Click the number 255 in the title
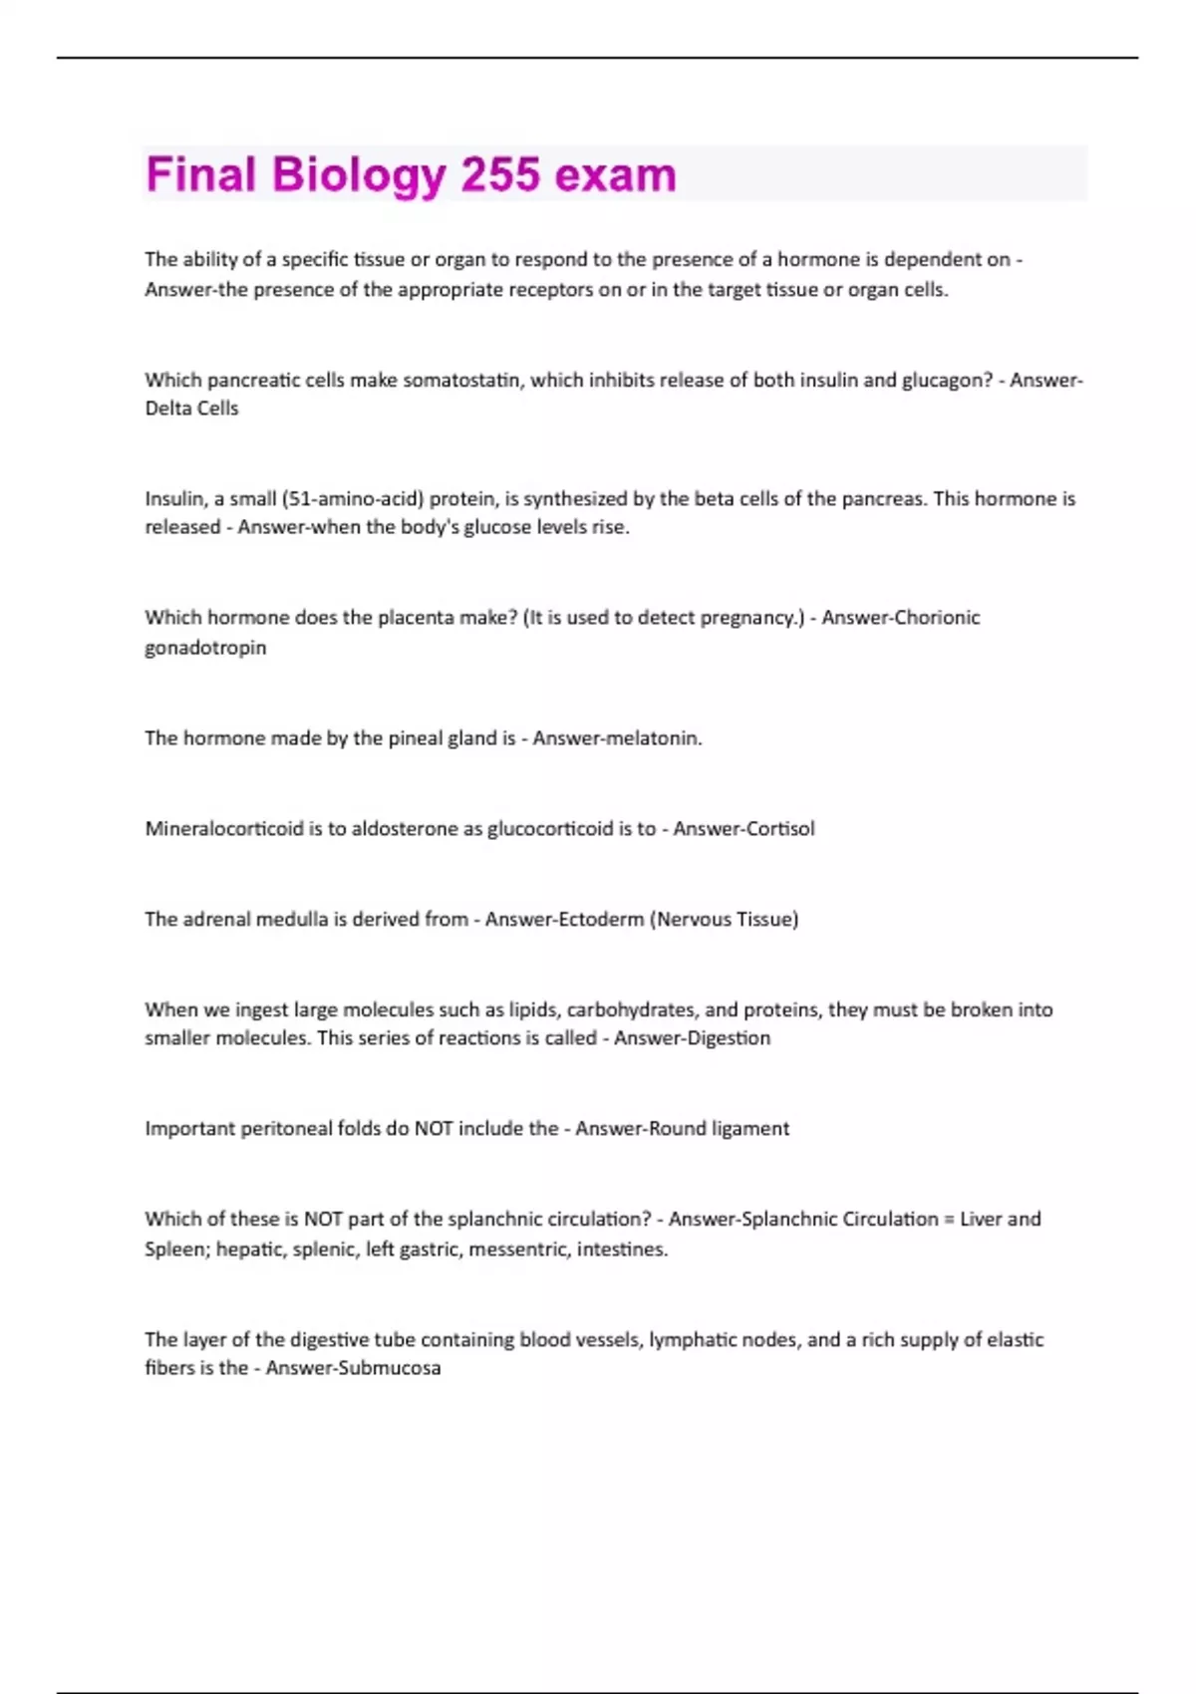point(500,174)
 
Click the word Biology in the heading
point(358,176)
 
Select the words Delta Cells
point(191,409)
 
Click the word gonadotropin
point(205,648)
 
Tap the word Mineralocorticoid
point(223,829)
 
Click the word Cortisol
point(779,829)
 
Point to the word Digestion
point(728,1038)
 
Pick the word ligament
point(749,1129)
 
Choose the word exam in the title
point(615,174)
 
